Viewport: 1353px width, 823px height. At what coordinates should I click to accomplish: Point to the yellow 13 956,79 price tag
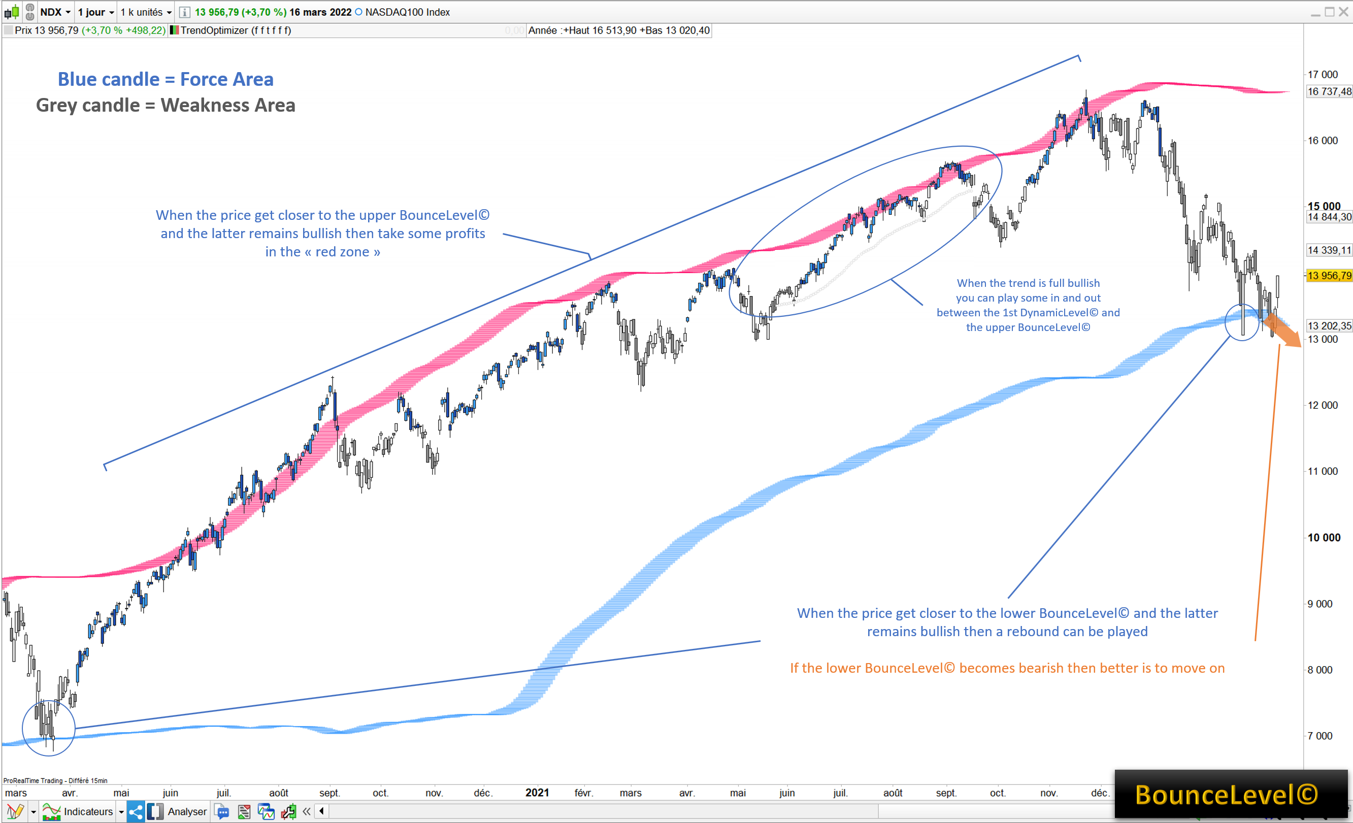[1328, 276]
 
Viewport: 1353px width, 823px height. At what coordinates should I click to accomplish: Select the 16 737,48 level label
[1328, 92]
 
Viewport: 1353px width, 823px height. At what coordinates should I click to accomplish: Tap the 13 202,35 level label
[1328, 325]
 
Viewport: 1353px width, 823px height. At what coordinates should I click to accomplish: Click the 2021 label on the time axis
[537, 792]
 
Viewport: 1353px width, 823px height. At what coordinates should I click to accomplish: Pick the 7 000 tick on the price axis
[1319, 736]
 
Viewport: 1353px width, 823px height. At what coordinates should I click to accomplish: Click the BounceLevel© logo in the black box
[1226, 795]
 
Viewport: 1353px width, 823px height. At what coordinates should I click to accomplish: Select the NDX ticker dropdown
[55, 12]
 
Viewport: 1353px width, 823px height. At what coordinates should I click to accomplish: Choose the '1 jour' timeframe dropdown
[95, 12]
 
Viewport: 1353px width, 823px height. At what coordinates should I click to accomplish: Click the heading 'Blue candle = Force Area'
[166, 79]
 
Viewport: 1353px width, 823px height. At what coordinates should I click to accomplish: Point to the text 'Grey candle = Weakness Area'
[166, 105]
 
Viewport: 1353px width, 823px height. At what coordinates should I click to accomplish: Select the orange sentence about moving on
[1007, 668]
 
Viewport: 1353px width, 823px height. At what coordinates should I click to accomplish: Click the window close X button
[1343, 12]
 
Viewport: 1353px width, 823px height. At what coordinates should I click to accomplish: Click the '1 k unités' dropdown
[146, 12]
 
